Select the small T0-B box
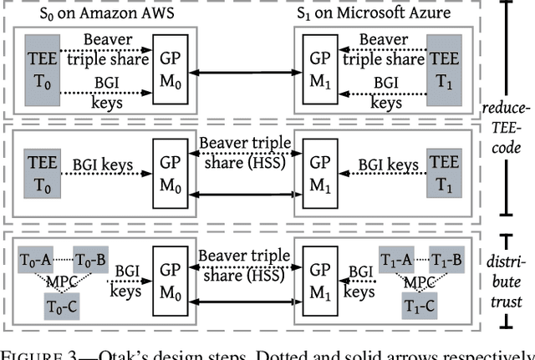coord(90,259)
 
